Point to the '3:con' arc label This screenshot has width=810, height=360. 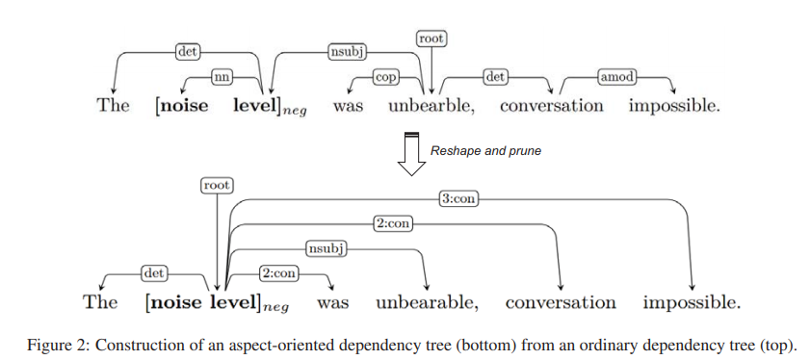tap(458, 199)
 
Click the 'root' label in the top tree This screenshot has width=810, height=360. tap(432, 39)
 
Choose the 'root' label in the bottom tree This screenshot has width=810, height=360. tap(217, 184)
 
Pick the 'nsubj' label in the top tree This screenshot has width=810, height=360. tap(348, 52)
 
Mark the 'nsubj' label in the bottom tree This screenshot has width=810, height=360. tap(326, 249)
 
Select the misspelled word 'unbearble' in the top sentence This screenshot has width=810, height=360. tap(432, 106)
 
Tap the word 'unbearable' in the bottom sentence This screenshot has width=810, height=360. tap(426, 302)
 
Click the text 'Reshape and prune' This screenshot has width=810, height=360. tap(485, 151)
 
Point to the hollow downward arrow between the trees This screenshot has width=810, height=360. tap(411, 153)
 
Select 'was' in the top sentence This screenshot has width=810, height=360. tap(348, 106)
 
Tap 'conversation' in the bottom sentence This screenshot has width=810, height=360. tap(561, 302)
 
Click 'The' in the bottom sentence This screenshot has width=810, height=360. tap(100, 302)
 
